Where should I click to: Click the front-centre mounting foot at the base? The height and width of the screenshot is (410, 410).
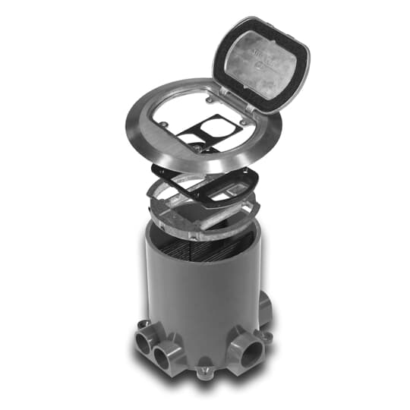tap(203, 372)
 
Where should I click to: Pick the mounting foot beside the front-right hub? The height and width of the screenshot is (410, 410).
tap(263, 333)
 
